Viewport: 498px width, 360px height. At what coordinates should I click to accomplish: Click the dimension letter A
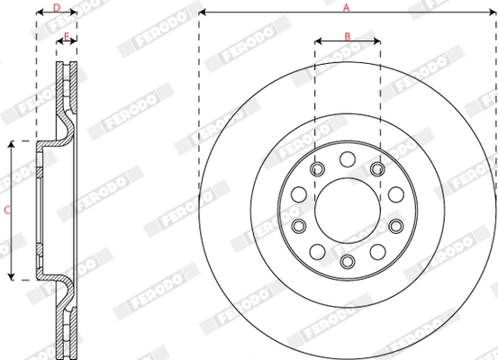coord(347,6)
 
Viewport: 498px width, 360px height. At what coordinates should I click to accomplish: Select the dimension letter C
coord(6,210)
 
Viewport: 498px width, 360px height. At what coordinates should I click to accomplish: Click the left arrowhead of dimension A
coord(202,13)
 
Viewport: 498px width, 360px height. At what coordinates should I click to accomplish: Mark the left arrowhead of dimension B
coord(318,41)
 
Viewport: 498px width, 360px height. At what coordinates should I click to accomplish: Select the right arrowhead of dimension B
coord(376,41)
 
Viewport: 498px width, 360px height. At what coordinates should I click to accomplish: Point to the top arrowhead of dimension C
coord(12,143)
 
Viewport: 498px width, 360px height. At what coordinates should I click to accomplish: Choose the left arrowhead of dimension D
coord(39,13)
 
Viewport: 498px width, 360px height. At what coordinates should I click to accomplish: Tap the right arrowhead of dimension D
coord(73,13)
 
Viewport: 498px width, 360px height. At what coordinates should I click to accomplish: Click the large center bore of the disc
coord(347,210)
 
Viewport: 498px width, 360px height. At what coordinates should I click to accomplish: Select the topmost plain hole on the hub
coord(347,159)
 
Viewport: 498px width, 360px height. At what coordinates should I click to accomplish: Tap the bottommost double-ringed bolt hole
coord(347,261)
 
